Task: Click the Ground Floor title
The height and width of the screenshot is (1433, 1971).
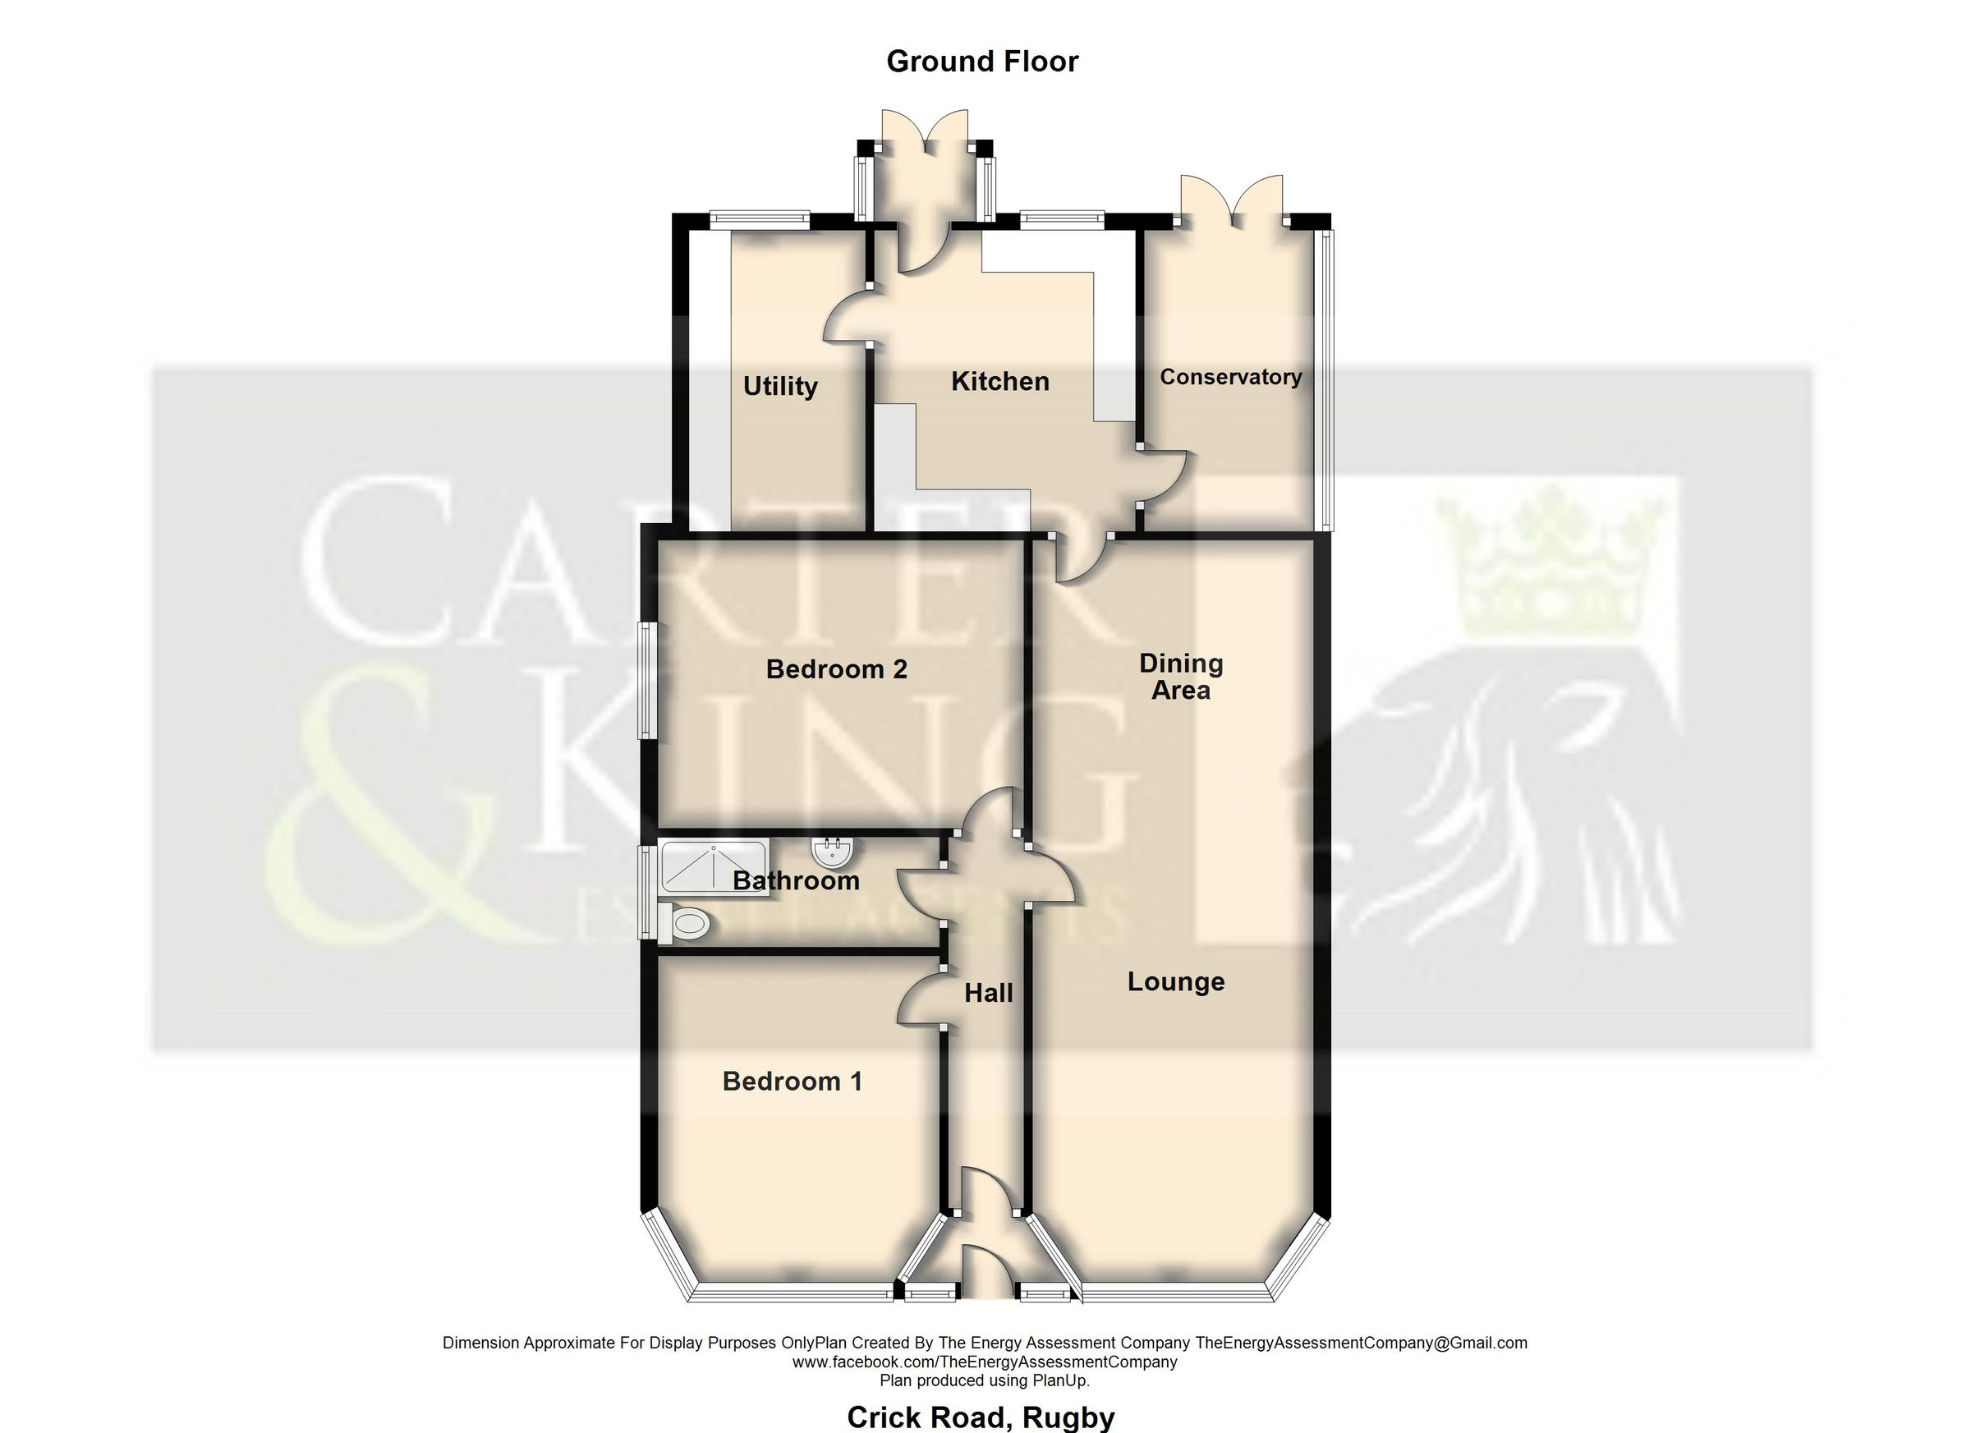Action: pyautogui.click(x=982, y=62)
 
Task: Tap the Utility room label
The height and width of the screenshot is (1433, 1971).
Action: pyautogui.click(x=779, y=386)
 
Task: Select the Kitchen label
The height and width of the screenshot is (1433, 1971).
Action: pyautogui.click(x=999, y=382)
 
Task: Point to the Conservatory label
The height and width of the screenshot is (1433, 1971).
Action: pyautogui.click(x=1230, y=377)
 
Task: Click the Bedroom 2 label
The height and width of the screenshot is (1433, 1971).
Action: pyautogui.click(x=836, y=669)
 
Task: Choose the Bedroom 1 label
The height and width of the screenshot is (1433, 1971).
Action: pyautogui.click(x=792, y=1081)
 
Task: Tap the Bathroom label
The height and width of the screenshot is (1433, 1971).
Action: pyautogui.click(x=795, y=880)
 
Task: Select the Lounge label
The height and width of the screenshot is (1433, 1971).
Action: pyautogui.click(x=1176, y=982)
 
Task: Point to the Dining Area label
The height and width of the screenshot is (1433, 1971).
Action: pyautogui.click(x=1180, y=677)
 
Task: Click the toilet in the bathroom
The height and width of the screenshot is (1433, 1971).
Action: pyautogui.click(x=687, y=923)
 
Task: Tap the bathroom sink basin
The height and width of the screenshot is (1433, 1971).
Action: pyautogui.click(x=833, y=851)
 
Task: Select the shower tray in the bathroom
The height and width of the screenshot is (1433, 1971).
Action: pyautogui.click(x=714, y=866)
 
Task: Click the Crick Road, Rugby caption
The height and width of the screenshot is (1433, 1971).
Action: pyautogui.click(x=981, y=1417)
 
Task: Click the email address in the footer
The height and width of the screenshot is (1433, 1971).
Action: pyautogui.click(x=1361, y=1343)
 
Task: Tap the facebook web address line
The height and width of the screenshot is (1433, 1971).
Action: pyautogui.click(x=985, y=1362)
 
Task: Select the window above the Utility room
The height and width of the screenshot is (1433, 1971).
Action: pyautogui.click(x=760, y=220)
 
